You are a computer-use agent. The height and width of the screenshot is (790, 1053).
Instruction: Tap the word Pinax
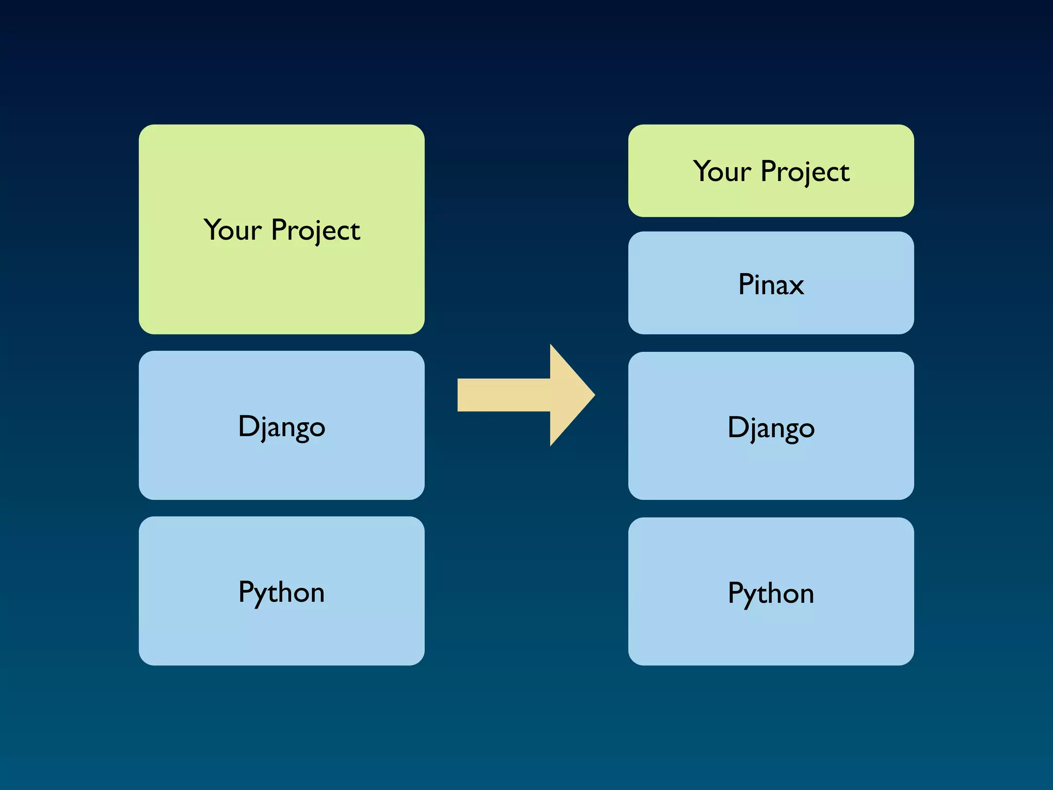(x=771, y=284)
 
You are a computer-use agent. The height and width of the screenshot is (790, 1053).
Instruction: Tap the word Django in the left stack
(x=281, y=427)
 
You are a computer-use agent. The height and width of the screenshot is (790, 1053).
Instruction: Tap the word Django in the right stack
(x=771, y=428)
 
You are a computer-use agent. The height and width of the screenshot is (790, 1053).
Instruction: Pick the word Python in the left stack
(x=281, y=592)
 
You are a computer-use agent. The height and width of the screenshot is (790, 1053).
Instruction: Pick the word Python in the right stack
(x=771, y=594)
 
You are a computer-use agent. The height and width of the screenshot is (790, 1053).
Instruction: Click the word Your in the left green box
(x=232, y=230)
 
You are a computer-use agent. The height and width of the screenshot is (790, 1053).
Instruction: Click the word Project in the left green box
(x=315, y=231)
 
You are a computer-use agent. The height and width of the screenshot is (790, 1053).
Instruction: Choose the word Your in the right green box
(x=722, y=171)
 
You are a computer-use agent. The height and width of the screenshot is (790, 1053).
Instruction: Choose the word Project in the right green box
(x=805, y=172)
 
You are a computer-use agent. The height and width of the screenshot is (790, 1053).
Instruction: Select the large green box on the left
(x=281, y=288)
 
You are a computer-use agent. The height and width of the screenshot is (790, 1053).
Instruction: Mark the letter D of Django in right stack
(x=738, y=426)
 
